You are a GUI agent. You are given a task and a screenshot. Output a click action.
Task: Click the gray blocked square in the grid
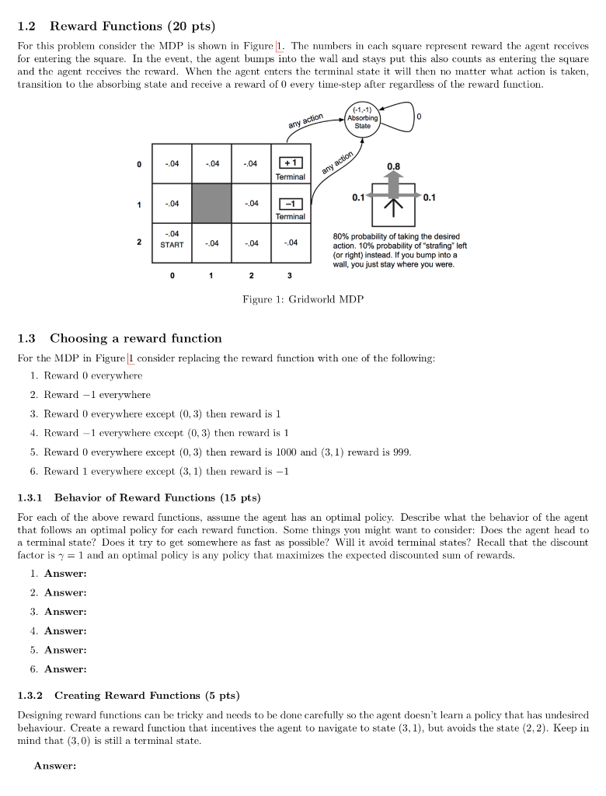tap(212, 203)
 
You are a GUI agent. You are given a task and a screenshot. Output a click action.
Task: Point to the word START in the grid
tap(172, 245)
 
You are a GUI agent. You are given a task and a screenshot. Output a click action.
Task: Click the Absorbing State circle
tap(363, 119)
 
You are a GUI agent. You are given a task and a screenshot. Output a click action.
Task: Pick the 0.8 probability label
tap(394, 166)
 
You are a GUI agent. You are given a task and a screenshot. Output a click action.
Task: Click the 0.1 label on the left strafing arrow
tap(358, 197)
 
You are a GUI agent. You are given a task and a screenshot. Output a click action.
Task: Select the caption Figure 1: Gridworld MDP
tap(303, 299)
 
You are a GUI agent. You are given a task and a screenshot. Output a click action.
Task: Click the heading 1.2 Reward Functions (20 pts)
tap(116, 27)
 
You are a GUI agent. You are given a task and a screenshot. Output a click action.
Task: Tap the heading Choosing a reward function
tap(136, 338)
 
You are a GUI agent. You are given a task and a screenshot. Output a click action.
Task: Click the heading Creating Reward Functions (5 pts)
tap(147, 695)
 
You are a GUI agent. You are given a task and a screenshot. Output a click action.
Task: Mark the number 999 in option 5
tap(399, 452)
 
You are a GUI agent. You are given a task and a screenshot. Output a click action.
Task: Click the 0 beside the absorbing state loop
tap(419, 116)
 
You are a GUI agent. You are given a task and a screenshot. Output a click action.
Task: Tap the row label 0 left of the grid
tap(139, 164)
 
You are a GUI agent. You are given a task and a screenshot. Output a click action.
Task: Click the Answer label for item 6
tap(64, 669)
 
